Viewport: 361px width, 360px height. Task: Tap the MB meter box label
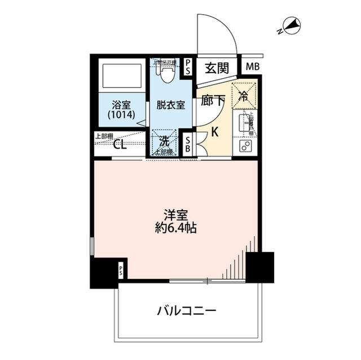253,67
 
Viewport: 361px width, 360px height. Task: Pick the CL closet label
120,144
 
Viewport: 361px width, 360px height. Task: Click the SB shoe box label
188,145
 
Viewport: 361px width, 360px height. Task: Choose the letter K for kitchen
215,133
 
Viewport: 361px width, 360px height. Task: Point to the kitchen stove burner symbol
245,147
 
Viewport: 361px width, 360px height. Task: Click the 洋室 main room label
173,215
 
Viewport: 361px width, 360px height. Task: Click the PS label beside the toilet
188,65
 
